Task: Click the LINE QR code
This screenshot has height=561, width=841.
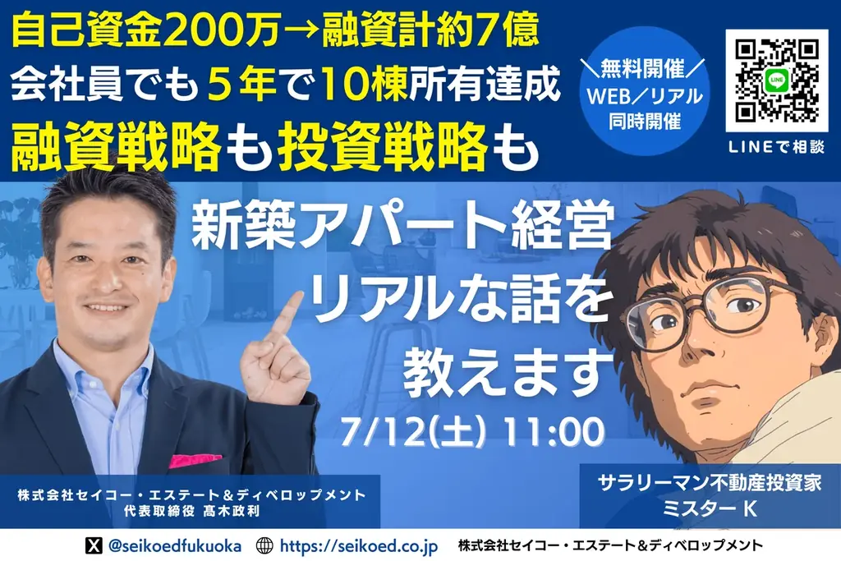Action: tap(777, 81)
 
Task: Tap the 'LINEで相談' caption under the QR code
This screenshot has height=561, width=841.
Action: tap(777, 146)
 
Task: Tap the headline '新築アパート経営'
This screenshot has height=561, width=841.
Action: tap(402, 234)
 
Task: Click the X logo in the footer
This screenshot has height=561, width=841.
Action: tap(95, 545)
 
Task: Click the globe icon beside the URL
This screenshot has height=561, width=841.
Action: tap(264, 545)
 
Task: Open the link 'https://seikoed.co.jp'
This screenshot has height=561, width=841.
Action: tap(359, 545)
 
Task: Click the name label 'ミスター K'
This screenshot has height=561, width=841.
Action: tap(710, 508)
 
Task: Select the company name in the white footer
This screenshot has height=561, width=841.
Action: tap(610, 545)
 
